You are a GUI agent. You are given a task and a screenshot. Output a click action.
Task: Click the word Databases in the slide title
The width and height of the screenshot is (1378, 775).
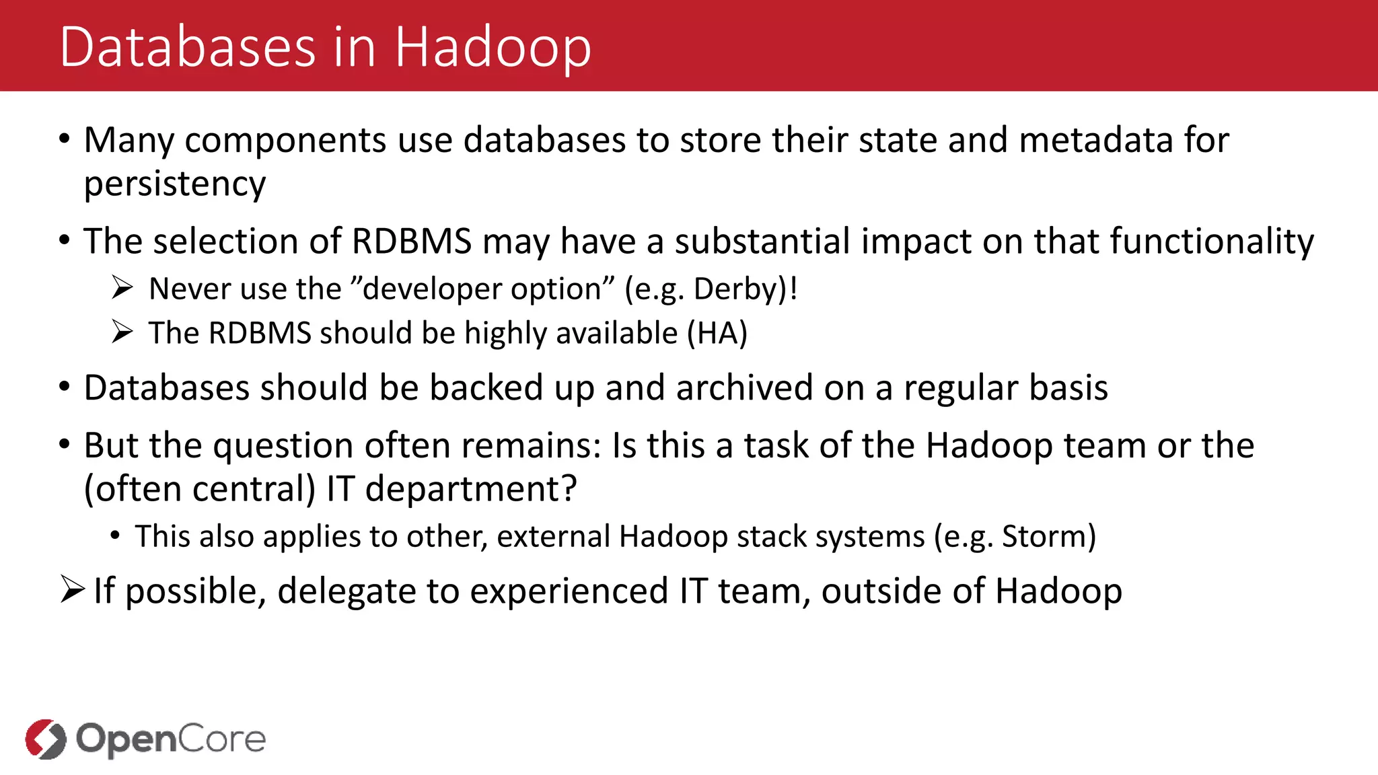pyautogui.click(x=187, y=47)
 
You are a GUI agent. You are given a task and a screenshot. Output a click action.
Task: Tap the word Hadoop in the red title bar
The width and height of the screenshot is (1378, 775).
pyautogui.click(x=493, y=47)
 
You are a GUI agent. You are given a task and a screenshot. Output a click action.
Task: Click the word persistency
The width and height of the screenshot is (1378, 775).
pyautogui.click(x=175, y=184)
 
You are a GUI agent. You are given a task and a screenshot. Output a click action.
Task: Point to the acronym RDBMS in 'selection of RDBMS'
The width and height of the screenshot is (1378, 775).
pyautogui.click(x=412, y=241)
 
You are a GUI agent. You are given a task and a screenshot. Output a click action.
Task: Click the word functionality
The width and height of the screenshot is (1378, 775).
pyautogui.click(x=1211, y=241)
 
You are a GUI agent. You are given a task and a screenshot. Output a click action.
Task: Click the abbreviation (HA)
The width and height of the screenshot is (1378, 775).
pyautogui.click(x=717, y=333)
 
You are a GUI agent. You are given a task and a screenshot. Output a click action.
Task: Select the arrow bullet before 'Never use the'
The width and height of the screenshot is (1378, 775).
pyautogui.click(x=122, y=288)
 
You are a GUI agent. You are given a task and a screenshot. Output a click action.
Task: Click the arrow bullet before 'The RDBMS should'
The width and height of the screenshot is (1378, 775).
pyautogui.click(x=122, y=332)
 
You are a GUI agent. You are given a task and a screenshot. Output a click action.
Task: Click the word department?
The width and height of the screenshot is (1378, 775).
pyautogui.click(x=471, y=488)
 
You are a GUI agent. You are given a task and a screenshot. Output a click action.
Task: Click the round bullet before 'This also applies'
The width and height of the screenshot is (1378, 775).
pyautogui.click(x=116, y=536)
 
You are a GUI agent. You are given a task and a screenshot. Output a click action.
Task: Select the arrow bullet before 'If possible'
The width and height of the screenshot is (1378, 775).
pyautogui.click(x=72, y=589)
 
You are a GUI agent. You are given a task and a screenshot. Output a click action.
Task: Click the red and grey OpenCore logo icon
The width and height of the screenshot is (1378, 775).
pyautogui.click(x=46, y=739)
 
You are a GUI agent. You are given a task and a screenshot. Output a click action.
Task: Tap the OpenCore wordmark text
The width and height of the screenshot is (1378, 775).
pyautogui.click(x=171, y=739)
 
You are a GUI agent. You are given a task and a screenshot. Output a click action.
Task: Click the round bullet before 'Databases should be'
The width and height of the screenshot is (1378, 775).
pyautogui.click(x=65, y=387)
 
